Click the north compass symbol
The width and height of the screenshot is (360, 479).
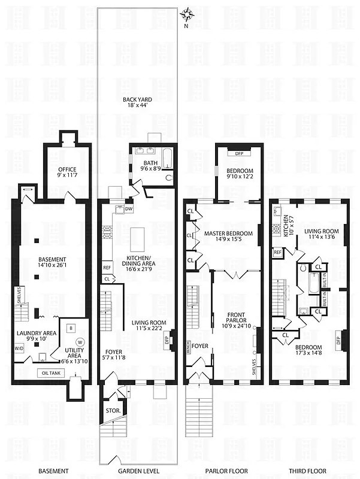[x=187, y=13]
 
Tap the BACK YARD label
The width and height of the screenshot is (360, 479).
[x=137, y=101]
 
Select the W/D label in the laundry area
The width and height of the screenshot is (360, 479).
[x=19, y=351]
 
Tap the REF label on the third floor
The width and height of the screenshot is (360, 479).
[x=278, y=253]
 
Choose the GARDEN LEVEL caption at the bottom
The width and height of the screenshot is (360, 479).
[x=138, y=471]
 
